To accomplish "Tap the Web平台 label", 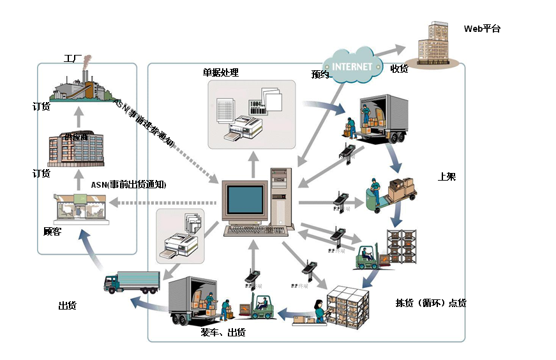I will click(x=483, y=29).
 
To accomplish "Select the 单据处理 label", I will click(x=220, y=72).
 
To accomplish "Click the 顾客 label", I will click(x=52, y=231).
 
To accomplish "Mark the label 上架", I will click(x=447, y=177).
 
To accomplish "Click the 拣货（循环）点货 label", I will click(x=431, y=303).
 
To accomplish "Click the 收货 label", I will click(x=399, y=69).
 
